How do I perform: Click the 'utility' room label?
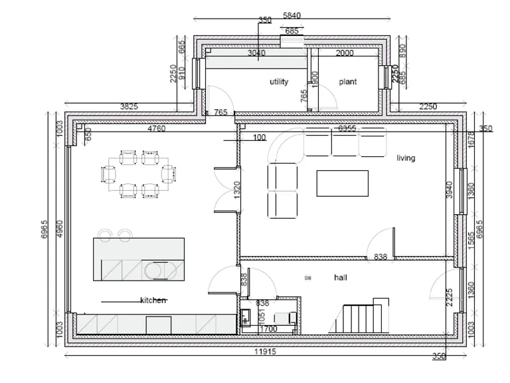pyautogui.click(x=279, y=82)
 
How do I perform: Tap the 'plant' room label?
pyautogui.click(x=347, y=82)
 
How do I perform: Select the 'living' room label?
pyautogui.click(x=406, y=158)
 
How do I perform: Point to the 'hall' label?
pyautogui.click(x=341, y=278)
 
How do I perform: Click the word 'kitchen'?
pyautogui.click(x=153, y=301)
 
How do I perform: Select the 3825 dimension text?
pyautogui.click(x=129, y=106)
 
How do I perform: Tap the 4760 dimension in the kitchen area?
pyautogui.click(x=156, y=128)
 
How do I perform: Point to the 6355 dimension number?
pyautogui.click(x=347, y=128)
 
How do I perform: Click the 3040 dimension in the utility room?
pyautogui.click(x=256, y=53)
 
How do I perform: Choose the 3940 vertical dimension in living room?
pyautogui.click(x=449, y=190)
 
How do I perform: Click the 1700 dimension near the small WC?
pyautogui.click(x=268, y=328)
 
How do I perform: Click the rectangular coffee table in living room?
pyautogui.click(x=342, y=184)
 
